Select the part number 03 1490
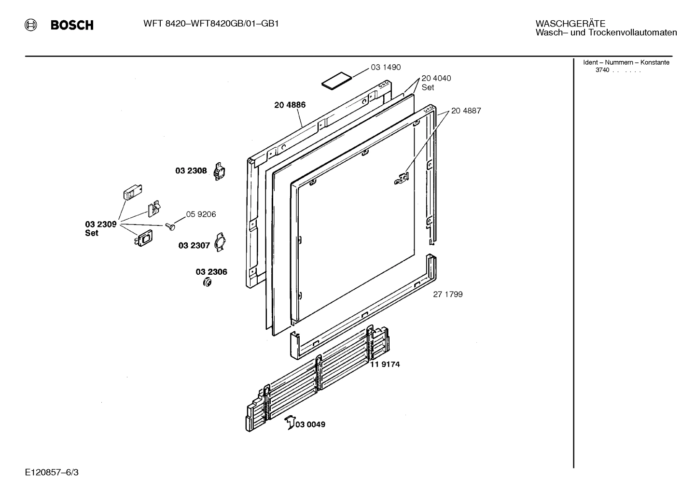pos(386,68)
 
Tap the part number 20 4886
pos(290,105)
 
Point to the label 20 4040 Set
pos(436,83)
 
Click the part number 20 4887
pos(466,111)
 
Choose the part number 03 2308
pos(191,171)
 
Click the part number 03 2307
pos(194,246)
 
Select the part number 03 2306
pos(211,272)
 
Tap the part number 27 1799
pos(447,294)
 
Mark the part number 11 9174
pos(385,365)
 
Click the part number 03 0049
pos(310,424)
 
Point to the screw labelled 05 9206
pos(170,226)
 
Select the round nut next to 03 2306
pos(207,282)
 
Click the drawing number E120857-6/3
pos(52,472)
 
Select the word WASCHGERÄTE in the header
pos(570,24)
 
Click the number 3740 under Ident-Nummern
pos(602,70)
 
